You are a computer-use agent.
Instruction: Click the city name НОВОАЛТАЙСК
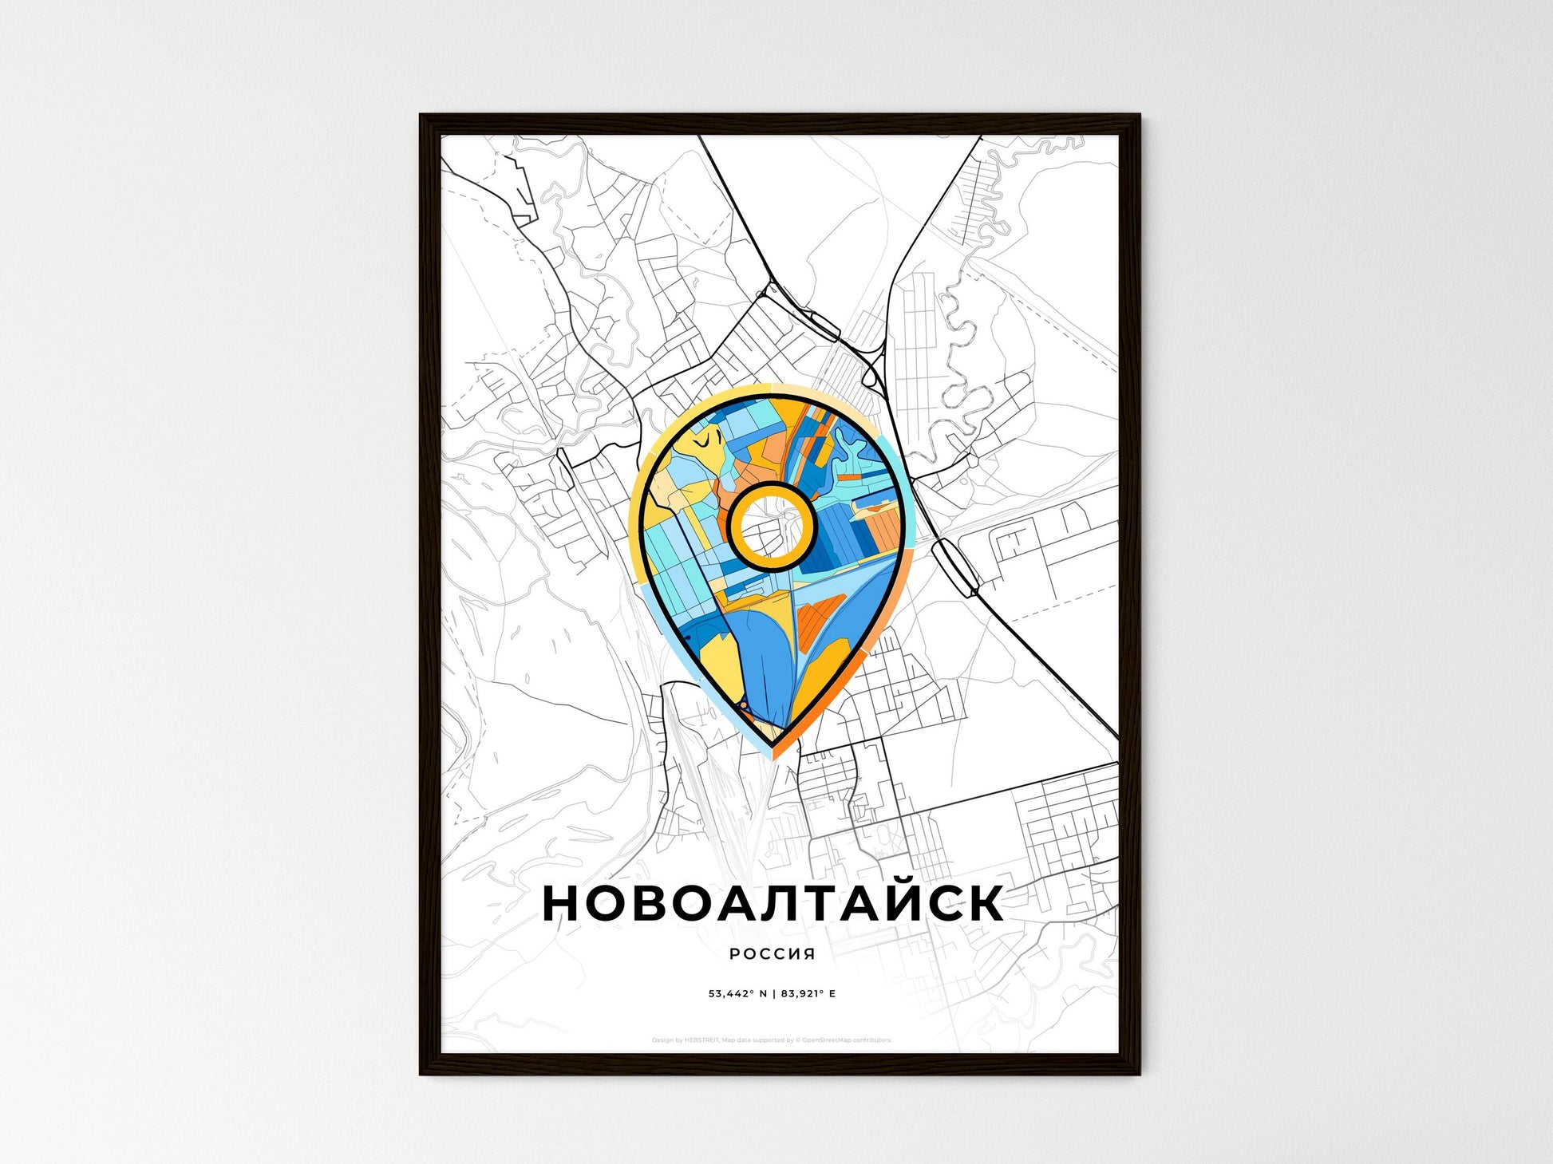coord(773,902)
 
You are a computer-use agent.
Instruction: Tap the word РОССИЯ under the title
coord(772,953)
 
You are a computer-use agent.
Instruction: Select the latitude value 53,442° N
coord(737,994)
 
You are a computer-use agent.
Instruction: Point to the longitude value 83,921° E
coord(808,994)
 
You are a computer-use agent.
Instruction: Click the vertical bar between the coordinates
coord(773,994)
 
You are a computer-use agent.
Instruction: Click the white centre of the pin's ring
coord(771,525)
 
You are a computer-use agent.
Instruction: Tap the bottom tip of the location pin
coord(773,747)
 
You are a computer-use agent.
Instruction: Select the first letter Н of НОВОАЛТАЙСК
coord(563,902)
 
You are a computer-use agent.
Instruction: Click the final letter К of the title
coord(983,902)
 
